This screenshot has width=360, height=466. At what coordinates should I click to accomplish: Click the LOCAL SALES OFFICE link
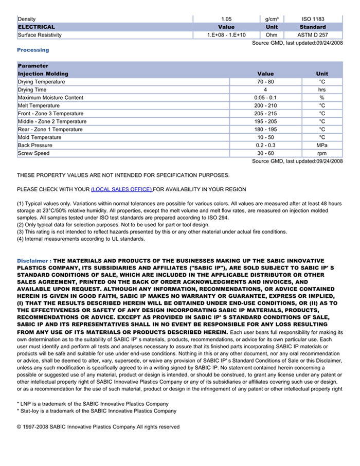click(121, 189)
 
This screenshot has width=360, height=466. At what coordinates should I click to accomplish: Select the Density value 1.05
click(226, 19)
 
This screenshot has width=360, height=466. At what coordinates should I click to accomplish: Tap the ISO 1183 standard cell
click(313, 19)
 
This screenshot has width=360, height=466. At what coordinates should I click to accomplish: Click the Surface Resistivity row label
click(40, 35)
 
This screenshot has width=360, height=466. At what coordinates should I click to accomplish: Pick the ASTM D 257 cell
click(313, 35)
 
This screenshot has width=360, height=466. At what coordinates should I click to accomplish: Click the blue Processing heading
click(33, 50)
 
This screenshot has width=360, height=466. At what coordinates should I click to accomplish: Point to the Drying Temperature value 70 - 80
click(265, 82)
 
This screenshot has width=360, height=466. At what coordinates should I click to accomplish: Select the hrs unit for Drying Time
click(322, 89)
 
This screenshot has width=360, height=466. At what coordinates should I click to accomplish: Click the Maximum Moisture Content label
click(50, 98)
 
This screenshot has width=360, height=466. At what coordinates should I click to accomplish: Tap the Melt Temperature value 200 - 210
click(265, 105)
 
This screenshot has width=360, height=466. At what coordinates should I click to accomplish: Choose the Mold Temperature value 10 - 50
click(265, 137)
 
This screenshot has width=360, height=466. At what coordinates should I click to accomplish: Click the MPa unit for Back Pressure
click(322, 146)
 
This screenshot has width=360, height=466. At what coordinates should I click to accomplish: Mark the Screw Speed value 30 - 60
click(265, 153)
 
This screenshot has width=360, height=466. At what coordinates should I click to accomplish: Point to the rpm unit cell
click(322, 153)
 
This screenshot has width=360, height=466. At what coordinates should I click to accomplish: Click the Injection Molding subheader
click(43, 74)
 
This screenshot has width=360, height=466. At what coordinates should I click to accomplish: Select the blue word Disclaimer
click(33, 261)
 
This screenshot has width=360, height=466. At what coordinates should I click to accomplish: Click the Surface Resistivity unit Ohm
click(272, 35)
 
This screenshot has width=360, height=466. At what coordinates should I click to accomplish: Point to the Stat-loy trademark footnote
click(97, 411)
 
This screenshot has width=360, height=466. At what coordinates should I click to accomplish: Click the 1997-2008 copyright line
click(98, 427)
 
